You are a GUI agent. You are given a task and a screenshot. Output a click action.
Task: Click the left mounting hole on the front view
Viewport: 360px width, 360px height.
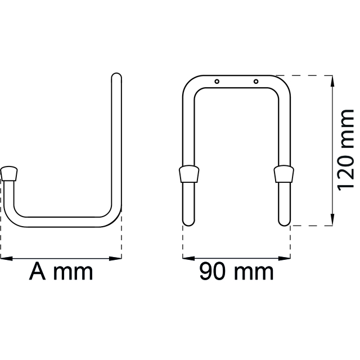pyautogui.click(x=217, y=82)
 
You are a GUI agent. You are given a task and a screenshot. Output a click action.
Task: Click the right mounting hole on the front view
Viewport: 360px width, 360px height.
pyautogui.click(x=256, y=82)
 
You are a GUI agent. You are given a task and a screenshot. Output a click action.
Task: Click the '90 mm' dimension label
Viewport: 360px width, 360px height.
pyautogui.click(x=236, y=273)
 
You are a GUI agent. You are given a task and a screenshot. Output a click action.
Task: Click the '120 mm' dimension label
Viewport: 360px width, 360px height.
pyautogui.click(x=345, y=151)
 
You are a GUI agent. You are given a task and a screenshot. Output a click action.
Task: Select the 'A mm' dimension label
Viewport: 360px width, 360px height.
pyautogui.click(x=61, y=272)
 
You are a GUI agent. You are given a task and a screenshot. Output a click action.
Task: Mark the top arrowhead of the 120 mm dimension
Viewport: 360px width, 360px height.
pyautogui.click(x=334, y=80)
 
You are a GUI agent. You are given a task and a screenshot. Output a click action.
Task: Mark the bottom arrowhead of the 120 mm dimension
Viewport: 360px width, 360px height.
pyautogui.click(x=334, y=220)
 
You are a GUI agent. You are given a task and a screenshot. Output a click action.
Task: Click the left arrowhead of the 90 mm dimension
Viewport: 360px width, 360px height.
pyautogui.click(x=187, y=258)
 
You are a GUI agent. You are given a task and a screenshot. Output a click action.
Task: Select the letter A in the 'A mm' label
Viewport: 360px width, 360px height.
pyautogui.click(x=38, y=272)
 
